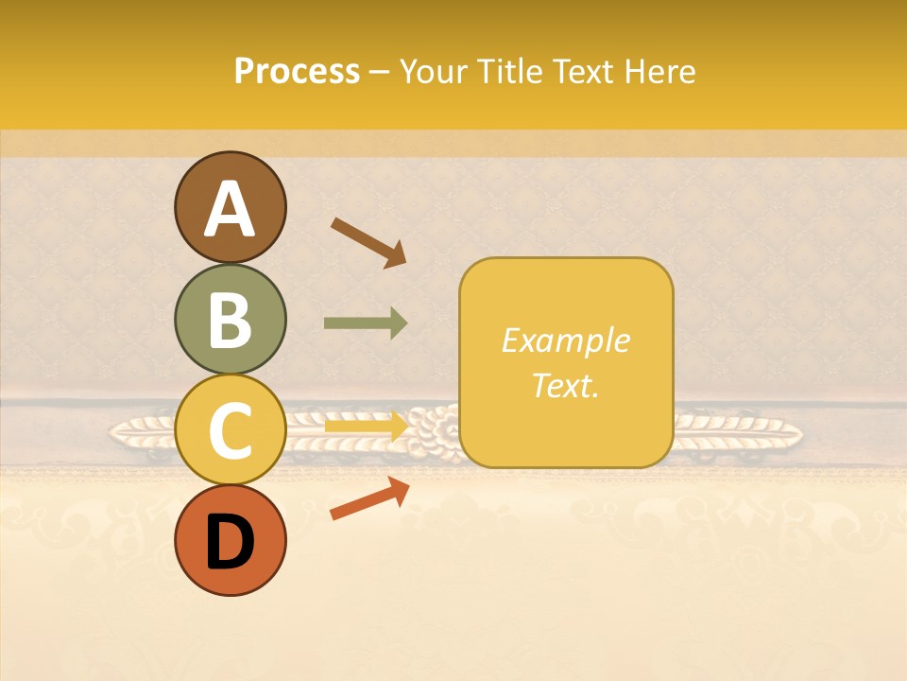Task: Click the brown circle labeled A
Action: tap(230, 207)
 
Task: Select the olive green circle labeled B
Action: tap(230, 319)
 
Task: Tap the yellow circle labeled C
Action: tap(230, 430)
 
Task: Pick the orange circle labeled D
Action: tap(230, 541)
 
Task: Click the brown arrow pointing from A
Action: tap(368, 242)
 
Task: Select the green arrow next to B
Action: tap(366, 323)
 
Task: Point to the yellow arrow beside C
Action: tap(366, 426)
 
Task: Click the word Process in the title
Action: tap(297, 71)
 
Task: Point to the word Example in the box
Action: tap(565, 340)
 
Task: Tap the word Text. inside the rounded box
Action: tap(565, 385)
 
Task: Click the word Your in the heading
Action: tap(436, 71)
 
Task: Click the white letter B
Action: tap(230, 320)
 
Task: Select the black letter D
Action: tap(230, 542)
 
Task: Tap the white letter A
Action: tap(230, 209)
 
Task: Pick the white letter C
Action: tap(230, 431)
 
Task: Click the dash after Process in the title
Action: tap(380, 73)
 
